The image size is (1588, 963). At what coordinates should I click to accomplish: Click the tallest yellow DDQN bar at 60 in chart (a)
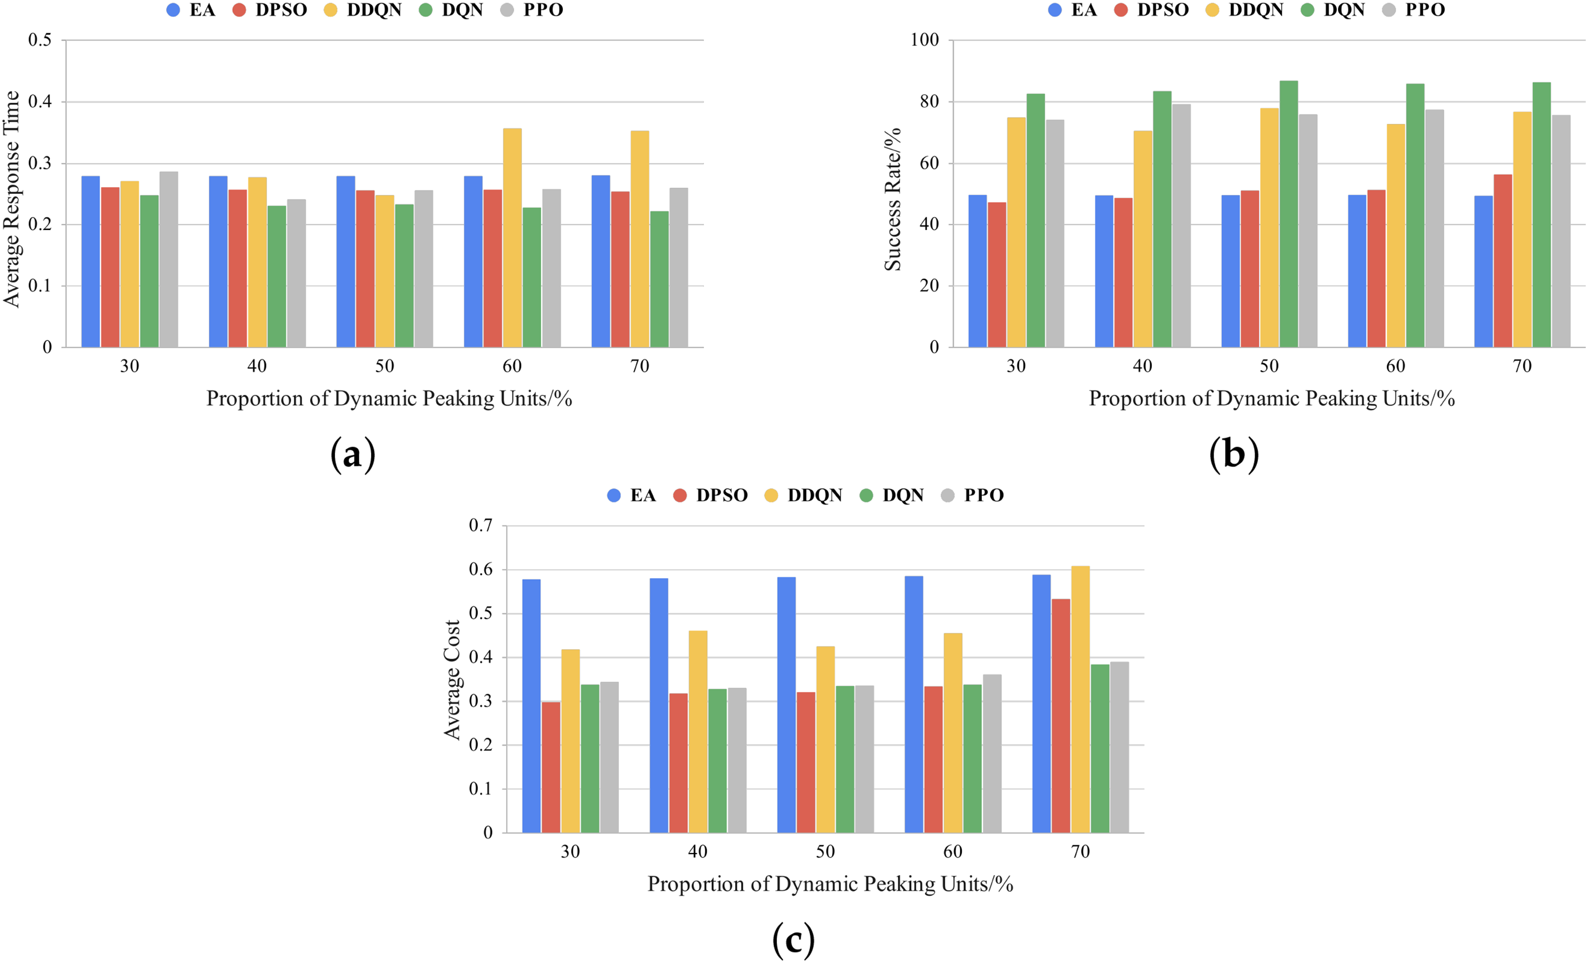tap(512, 238)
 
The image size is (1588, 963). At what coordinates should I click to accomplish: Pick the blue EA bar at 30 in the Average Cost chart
tap(531, 706)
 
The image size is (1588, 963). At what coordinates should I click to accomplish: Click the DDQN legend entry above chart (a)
tap(363, 9)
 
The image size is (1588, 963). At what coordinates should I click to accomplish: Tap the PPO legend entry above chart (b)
tap(1414, 9)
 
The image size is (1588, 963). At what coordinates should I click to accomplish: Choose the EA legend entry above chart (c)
tap(632, 495)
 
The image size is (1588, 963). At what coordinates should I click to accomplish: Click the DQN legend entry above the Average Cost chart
tap(892, 495)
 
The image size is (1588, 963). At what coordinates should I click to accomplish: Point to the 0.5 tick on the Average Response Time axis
tap(40, 40)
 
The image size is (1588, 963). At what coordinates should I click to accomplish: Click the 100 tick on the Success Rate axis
tap(924, 40)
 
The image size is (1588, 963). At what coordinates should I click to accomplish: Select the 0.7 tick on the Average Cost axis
tap(480, 525)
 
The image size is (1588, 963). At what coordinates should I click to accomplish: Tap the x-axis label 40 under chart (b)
tap(1142, 366)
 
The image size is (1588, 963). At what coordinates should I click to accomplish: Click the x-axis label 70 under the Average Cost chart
tap(1080, 851)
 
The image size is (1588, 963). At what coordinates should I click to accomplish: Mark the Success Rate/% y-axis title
tap(892, 200)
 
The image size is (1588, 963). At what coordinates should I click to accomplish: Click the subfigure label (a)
tap(352, 455)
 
